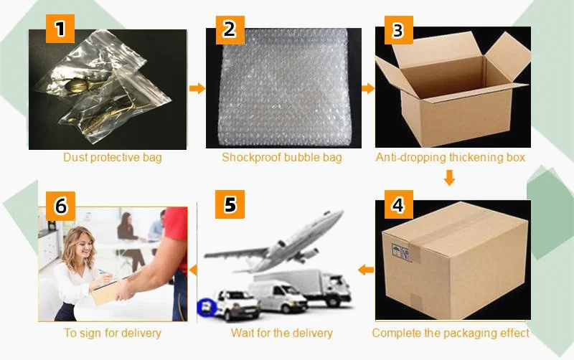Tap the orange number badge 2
click(229, 29)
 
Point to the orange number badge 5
click(229, 204)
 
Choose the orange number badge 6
click(61, 206)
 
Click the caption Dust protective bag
click(113, 158)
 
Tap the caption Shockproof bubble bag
click(281, 158)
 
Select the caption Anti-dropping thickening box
click(451, 157)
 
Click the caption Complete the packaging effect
click(451, 333)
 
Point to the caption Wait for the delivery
click(282, 333)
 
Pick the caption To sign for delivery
click(113, 333)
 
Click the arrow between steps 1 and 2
click(196, 88)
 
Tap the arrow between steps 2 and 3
click(367, 88)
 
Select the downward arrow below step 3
click(449, 177)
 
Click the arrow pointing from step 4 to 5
click(366, 270)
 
